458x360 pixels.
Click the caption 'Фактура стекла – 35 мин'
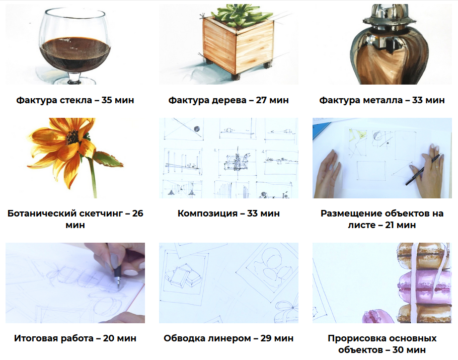pyautogui.click(x=75, y=100)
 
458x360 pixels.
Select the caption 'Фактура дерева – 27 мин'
pyautogui.click(x=228, y=100)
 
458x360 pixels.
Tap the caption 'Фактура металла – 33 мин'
pyautogui.click(x=382, y=100)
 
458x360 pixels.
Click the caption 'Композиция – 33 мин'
pyautogui.click(x=228, y=213)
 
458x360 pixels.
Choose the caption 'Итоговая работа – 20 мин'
pyautogui.click(x=75, y=338)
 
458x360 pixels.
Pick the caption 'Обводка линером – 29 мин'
pyautogui.click(x=228, y=338)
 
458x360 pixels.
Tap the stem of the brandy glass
pyautogui.click(x=74, y=78)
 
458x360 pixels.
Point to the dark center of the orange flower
pyautogui.click(x=71, y=136)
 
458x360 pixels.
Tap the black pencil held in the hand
pyautogui.click(x=422, y=170)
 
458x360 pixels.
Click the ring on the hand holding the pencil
pyautogui.click(x=437, y=166)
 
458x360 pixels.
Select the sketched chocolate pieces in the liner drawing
pyautogui.click(x=183, y=276)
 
